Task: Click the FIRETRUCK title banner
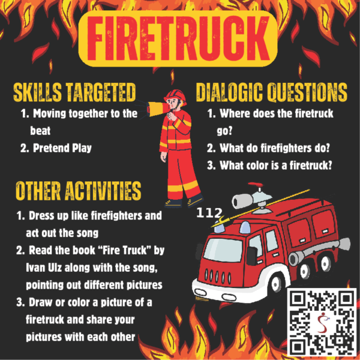click(x=178, y=38)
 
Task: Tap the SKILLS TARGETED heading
click(x=74, y=92)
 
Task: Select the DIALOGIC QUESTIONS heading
click(x=272, y=92)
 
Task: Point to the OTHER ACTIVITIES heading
click(x=78, y=191)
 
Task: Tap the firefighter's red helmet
click(x=175, y=95)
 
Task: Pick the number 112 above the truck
click(x=209, y=213)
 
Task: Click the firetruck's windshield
click(x=223, y=250)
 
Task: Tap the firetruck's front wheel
click(x=276, y=283)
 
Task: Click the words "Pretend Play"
click(x=62, y=148)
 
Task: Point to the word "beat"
click(x=40, y=131)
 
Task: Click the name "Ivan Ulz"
click(x=44, y=268)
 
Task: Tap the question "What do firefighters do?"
click(x=275, y=148)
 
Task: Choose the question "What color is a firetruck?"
click(x=276, y=166)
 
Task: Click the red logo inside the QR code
click(x=323, y=322)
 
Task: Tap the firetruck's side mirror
click(x=251, y=256)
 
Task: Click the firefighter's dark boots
click(x=184, y=202)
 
